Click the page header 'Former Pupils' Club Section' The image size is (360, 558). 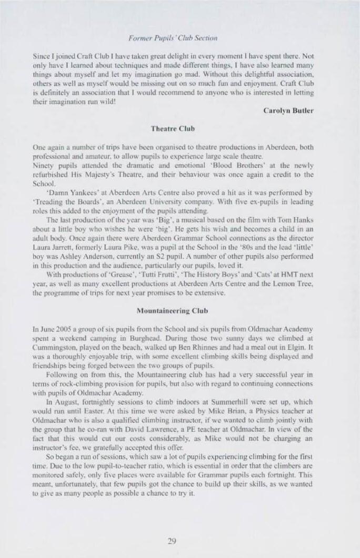tap(173, 38)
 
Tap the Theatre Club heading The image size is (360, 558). tap(172, 129)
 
